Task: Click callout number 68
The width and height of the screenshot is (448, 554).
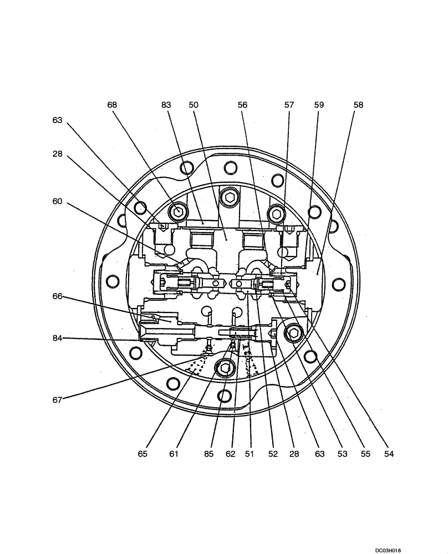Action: pos(113,105)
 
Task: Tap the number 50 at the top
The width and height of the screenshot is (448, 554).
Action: pos(194,105)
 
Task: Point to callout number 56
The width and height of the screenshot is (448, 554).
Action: pos(243,105)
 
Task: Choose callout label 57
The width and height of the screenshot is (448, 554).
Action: pos(289,105)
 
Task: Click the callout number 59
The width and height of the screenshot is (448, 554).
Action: pos(319,105)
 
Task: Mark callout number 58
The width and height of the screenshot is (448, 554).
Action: pos(358,105)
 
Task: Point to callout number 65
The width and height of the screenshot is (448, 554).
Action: pos(142,454)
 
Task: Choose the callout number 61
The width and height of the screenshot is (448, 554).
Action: pos(174,454)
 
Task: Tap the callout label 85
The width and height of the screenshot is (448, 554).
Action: pos(208,454)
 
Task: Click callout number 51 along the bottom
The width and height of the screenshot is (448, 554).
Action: pos(250,454)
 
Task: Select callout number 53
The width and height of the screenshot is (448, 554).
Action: pos(342,454)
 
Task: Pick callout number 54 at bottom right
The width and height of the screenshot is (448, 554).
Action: pos(389,454)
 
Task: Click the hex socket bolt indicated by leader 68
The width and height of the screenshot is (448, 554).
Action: pos(179,211)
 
